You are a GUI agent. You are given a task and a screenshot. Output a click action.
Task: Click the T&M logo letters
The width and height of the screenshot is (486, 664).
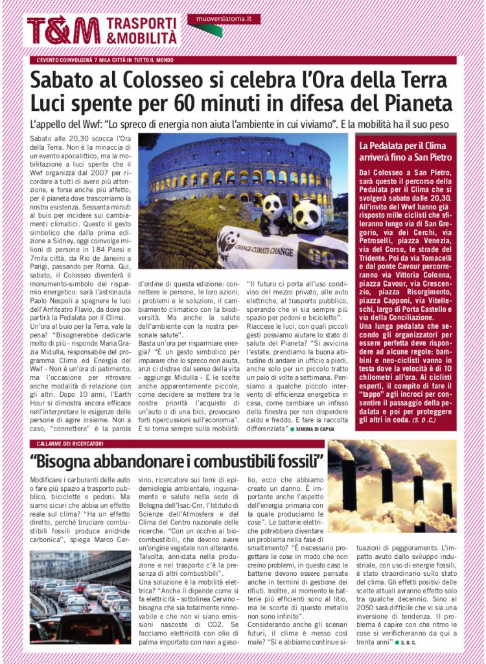tap(64, 30)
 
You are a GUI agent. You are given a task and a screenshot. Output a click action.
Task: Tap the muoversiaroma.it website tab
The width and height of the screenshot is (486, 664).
tap(224, 19)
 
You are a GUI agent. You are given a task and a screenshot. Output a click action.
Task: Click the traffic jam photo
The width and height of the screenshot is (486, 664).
tap(80, 597)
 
